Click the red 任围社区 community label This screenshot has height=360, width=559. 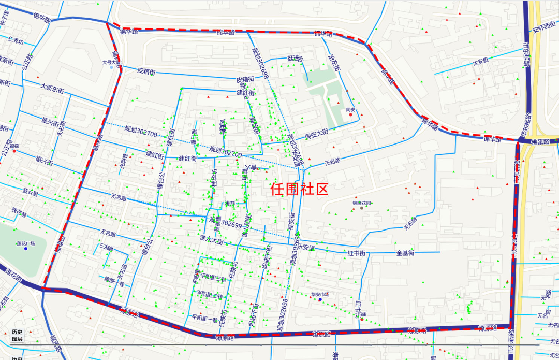point(299,189)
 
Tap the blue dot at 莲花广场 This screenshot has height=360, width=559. point(25,249)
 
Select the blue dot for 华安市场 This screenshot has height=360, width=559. point(320,300)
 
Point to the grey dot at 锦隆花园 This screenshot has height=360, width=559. point(362,208)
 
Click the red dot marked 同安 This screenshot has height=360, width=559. point(351,114)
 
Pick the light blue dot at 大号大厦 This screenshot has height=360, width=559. point(111,67)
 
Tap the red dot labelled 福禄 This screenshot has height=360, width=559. point(14,151)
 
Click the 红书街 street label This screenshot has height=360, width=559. point(357,253)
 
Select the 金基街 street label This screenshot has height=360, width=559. point(405,253)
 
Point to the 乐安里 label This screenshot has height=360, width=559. point(305,248)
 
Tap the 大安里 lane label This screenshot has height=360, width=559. point(480,62)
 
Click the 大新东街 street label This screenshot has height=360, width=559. point(52,89)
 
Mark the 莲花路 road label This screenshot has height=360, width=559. point(13,275)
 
